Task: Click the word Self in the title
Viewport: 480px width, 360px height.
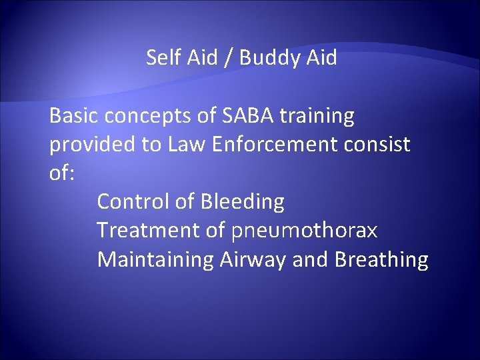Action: tap(161, 58)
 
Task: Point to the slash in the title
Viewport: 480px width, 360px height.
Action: tap(228, 59)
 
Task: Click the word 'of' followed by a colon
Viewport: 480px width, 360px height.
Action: tap(63, 173)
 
